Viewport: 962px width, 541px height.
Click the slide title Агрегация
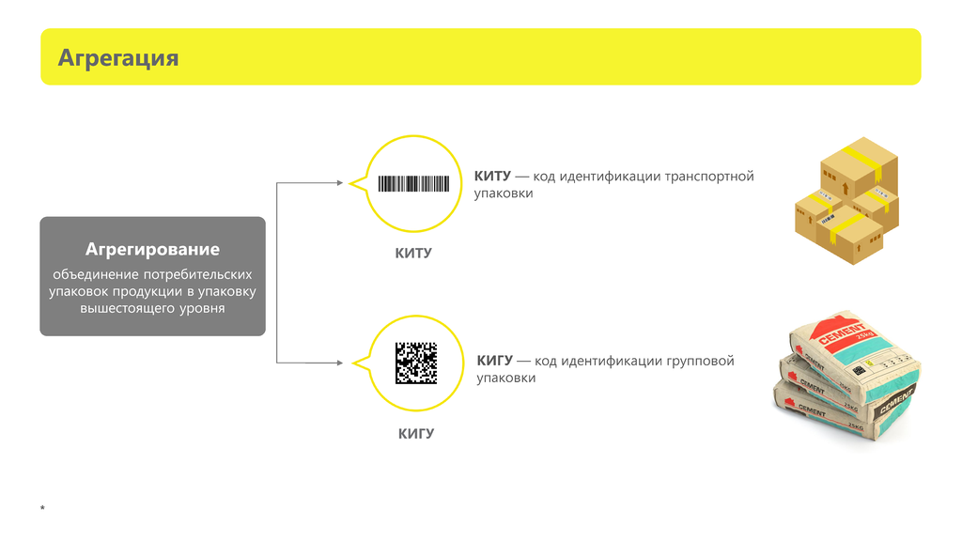click(x=118, y=58)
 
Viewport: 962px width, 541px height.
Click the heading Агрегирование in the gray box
click(x=152, y=250)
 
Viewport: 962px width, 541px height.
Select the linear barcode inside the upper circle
click(x=414, y=184)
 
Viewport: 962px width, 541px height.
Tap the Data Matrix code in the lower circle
click(x=416, y=363)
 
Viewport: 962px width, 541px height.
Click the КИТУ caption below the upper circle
click(x=413, y=254)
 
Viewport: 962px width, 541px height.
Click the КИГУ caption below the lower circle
click(x=416, y=434)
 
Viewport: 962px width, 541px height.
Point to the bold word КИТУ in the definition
click(x=492, y=177)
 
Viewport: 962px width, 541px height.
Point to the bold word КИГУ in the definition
click(x=494, y=361)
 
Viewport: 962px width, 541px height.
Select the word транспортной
click(x=709, y=177)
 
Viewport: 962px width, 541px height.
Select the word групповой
click(x=701, y=361)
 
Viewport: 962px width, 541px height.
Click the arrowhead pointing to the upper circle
click(x=340, y=183)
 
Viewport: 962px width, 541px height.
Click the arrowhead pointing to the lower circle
click(x=340, y=362)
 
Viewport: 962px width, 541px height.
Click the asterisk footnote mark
click(x=42, y=508)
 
